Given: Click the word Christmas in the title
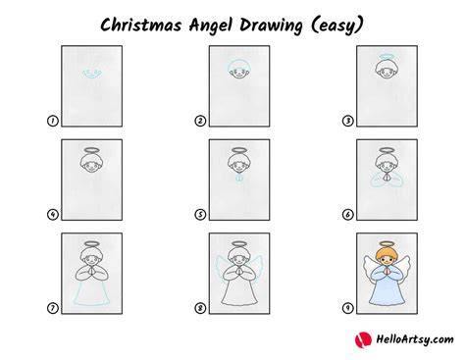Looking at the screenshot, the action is pos(141,25).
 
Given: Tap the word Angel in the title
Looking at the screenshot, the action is pos(211,26).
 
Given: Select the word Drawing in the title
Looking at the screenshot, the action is pos(271,26).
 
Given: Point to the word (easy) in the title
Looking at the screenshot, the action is pos(336,26).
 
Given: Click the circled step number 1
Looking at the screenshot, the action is pos(53,121).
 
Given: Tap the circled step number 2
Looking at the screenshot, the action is pos(200,121).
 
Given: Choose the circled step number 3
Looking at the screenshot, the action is pos(348,121).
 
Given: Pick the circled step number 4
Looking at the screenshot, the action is pos(53,215).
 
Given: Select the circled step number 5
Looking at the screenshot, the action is pos(200,215).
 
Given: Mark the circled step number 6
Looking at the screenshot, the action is pos(348,215).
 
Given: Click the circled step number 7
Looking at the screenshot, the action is pos(53,308).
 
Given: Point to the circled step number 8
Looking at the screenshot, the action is pos(200,308).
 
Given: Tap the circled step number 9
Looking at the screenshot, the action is pos(348,308).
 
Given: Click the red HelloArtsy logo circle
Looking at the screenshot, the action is pos(363,339).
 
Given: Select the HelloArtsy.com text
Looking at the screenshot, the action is pos(415,339).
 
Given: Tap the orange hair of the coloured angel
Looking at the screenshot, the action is pos(387,254).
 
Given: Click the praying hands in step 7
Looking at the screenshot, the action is pos(92,271).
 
